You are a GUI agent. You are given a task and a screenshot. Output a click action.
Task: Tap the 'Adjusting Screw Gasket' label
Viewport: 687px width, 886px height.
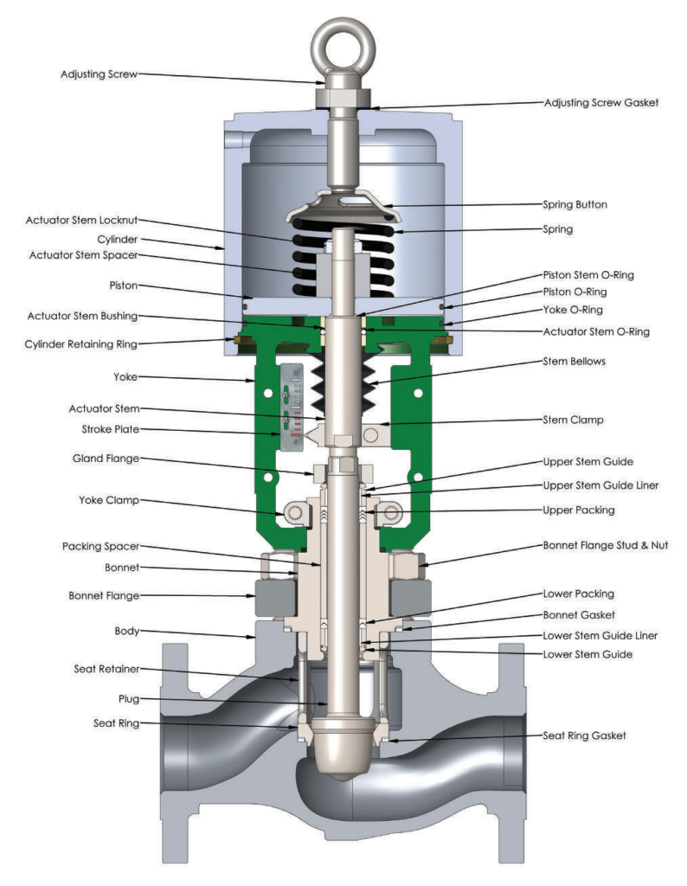[x=601, y=102]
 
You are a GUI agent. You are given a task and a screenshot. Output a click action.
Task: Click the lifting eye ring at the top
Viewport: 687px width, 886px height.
[x=343, y=41]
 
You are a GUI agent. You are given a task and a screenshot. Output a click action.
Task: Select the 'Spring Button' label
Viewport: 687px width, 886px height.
[x=575, y=205]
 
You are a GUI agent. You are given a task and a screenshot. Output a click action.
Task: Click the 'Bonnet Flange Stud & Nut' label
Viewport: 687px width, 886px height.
[x=605, y=546]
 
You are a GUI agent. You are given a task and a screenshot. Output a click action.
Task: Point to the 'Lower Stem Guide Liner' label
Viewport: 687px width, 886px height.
[x=600, y=635]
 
